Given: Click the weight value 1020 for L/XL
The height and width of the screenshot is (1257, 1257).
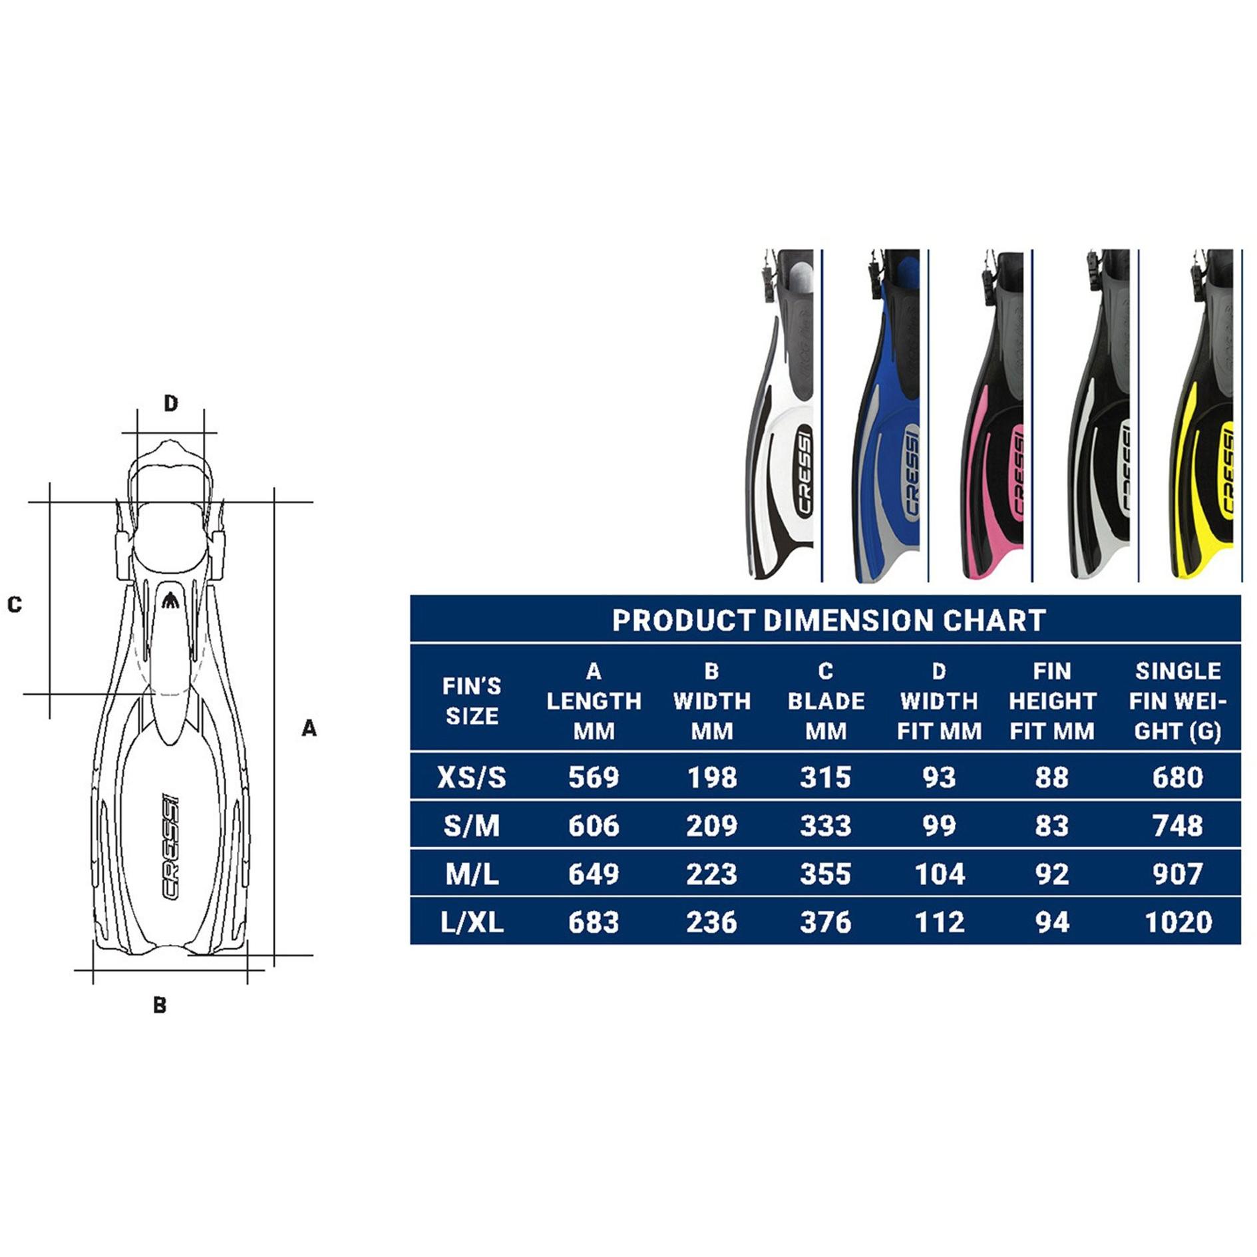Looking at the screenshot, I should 1177,922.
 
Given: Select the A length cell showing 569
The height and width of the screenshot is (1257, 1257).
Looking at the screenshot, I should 594,777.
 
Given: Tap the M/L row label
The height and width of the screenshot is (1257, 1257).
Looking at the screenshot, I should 472,874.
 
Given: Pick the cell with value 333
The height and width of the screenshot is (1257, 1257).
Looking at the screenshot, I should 825,826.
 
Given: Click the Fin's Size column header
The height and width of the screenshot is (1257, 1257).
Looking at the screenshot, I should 472,701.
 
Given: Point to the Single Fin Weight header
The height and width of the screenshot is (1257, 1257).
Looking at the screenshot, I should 1177,701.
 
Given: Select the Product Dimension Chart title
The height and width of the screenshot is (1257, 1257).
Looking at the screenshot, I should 828,620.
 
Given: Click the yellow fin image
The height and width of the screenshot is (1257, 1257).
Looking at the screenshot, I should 1204,416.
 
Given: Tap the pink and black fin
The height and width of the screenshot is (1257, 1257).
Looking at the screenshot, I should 994,416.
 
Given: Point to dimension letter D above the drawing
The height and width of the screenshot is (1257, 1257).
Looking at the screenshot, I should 171,403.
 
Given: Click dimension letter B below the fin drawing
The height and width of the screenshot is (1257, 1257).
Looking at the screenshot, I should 160,1005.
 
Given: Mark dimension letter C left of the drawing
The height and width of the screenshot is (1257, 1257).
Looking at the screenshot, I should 15,604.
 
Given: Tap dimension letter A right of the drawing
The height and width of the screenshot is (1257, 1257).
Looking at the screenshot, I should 309,729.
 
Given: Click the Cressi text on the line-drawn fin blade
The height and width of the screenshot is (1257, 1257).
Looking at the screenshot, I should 171,846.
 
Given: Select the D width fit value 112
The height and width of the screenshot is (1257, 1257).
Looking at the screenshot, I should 939,922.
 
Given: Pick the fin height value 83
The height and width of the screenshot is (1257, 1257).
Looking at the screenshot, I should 1051,826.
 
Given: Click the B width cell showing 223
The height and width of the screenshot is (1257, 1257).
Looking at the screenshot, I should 711,874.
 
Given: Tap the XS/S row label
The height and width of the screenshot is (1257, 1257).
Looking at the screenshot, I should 472,777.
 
